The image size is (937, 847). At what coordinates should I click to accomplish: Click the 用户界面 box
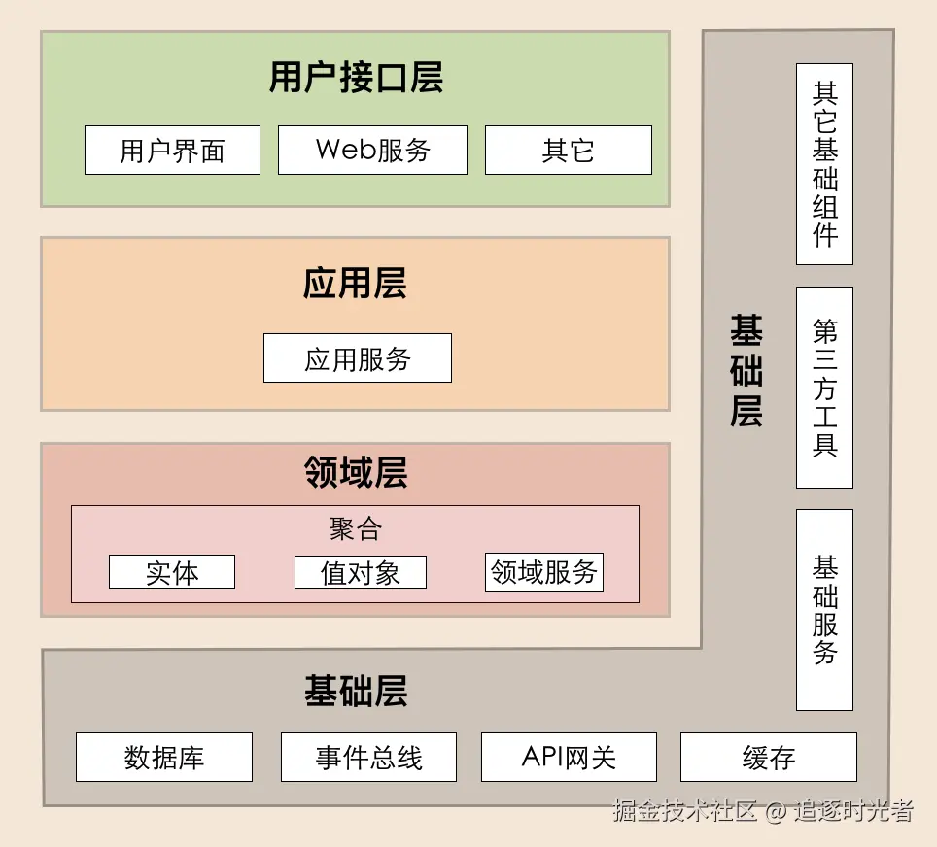coord(172,151)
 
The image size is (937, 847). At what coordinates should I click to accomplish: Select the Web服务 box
coord(372,151)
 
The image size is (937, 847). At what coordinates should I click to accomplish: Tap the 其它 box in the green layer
coord(568,151)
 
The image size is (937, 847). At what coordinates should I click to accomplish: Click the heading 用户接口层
coord(356,78)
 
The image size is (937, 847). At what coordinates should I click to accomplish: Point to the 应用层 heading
coord(355,284)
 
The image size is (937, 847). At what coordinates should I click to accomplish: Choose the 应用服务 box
coord(358,358)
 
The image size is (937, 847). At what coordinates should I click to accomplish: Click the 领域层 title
coord(355,473)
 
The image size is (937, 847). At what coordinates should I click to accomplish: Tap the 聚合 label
coord(355,528)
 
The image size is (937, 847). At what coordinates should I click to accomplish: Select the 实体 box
coord(172,572)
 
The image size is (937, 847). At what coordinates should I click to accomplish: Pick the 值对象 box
coord(361,572)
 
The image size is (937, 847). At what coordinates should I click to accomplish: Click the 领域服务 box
coord(544,572)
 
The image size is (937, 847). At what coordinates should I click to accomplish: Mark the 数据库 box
coord(164,758)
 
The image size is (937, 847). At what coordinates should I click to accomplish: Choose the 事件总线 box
coord(368,758)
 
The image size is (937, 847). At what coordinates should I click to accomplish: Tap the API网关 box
coord(569,758)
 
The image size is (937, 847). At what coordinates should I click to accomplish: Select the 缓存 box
coord(769,758)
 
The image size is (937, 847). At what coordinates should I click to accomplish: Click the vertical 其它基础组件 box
coord(824,164)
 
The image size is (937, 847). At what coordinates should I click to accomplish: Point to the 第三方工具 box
coord(824,388)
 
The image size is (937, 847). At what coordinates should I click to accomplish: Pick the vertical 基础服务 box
coord(824,610)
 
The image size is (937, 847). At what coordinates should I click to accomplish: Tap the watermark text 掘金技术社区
coord(684,811)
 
